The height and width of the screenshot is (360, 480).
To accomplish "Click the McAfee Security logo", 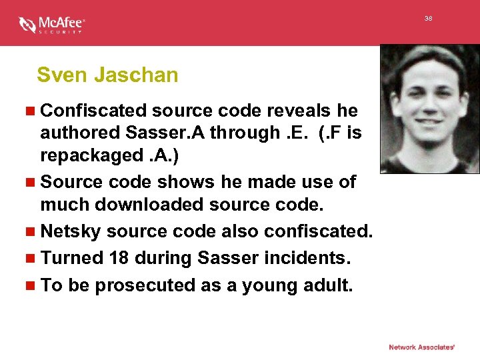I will tap(51, 25).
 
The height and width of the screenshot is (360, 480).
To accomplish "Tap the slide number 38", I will tap(429, 19).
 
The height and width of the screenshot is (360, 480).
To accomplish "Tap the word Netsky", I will tap(70, 232).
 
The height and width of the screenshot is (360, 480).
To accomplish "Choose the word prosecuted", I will tap(147, 285).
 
